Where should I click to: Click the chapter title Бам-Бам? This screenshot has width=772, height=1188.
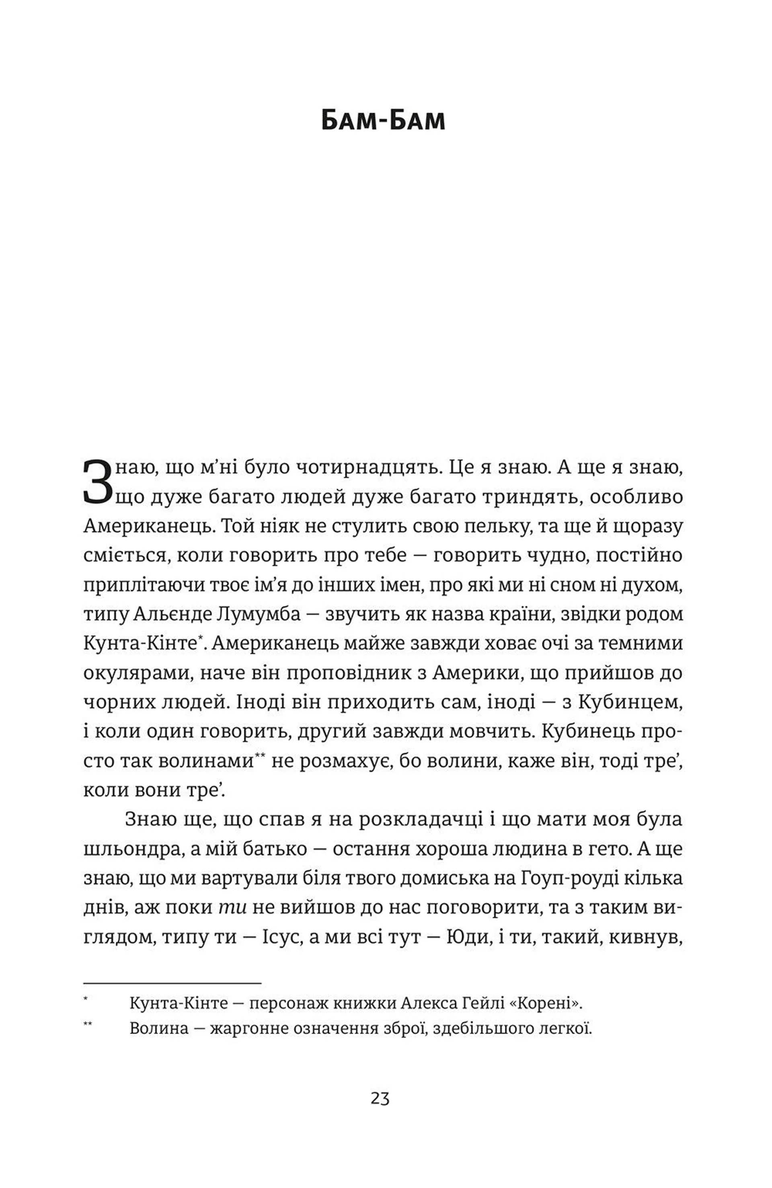[383, 122]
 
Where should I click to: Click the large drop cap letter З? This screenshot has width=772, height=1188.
[98, 482]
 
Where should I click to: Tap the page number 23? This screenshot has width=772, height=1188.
[380, 1099]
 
